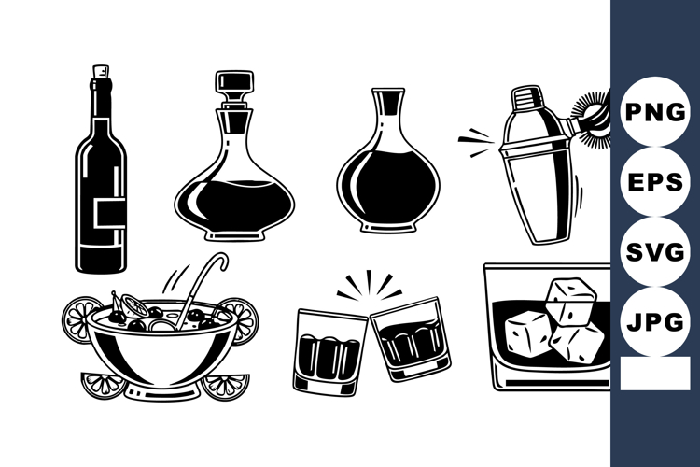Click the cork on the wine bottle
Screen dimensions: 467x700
coord(101,72)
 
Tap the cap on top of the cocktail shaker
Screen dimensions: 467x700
coord(527,98)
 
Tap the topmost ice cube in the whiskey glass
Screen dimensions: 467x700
coord(571,297)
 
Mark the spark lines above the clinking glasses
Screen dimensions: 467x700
coord(368,284)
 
